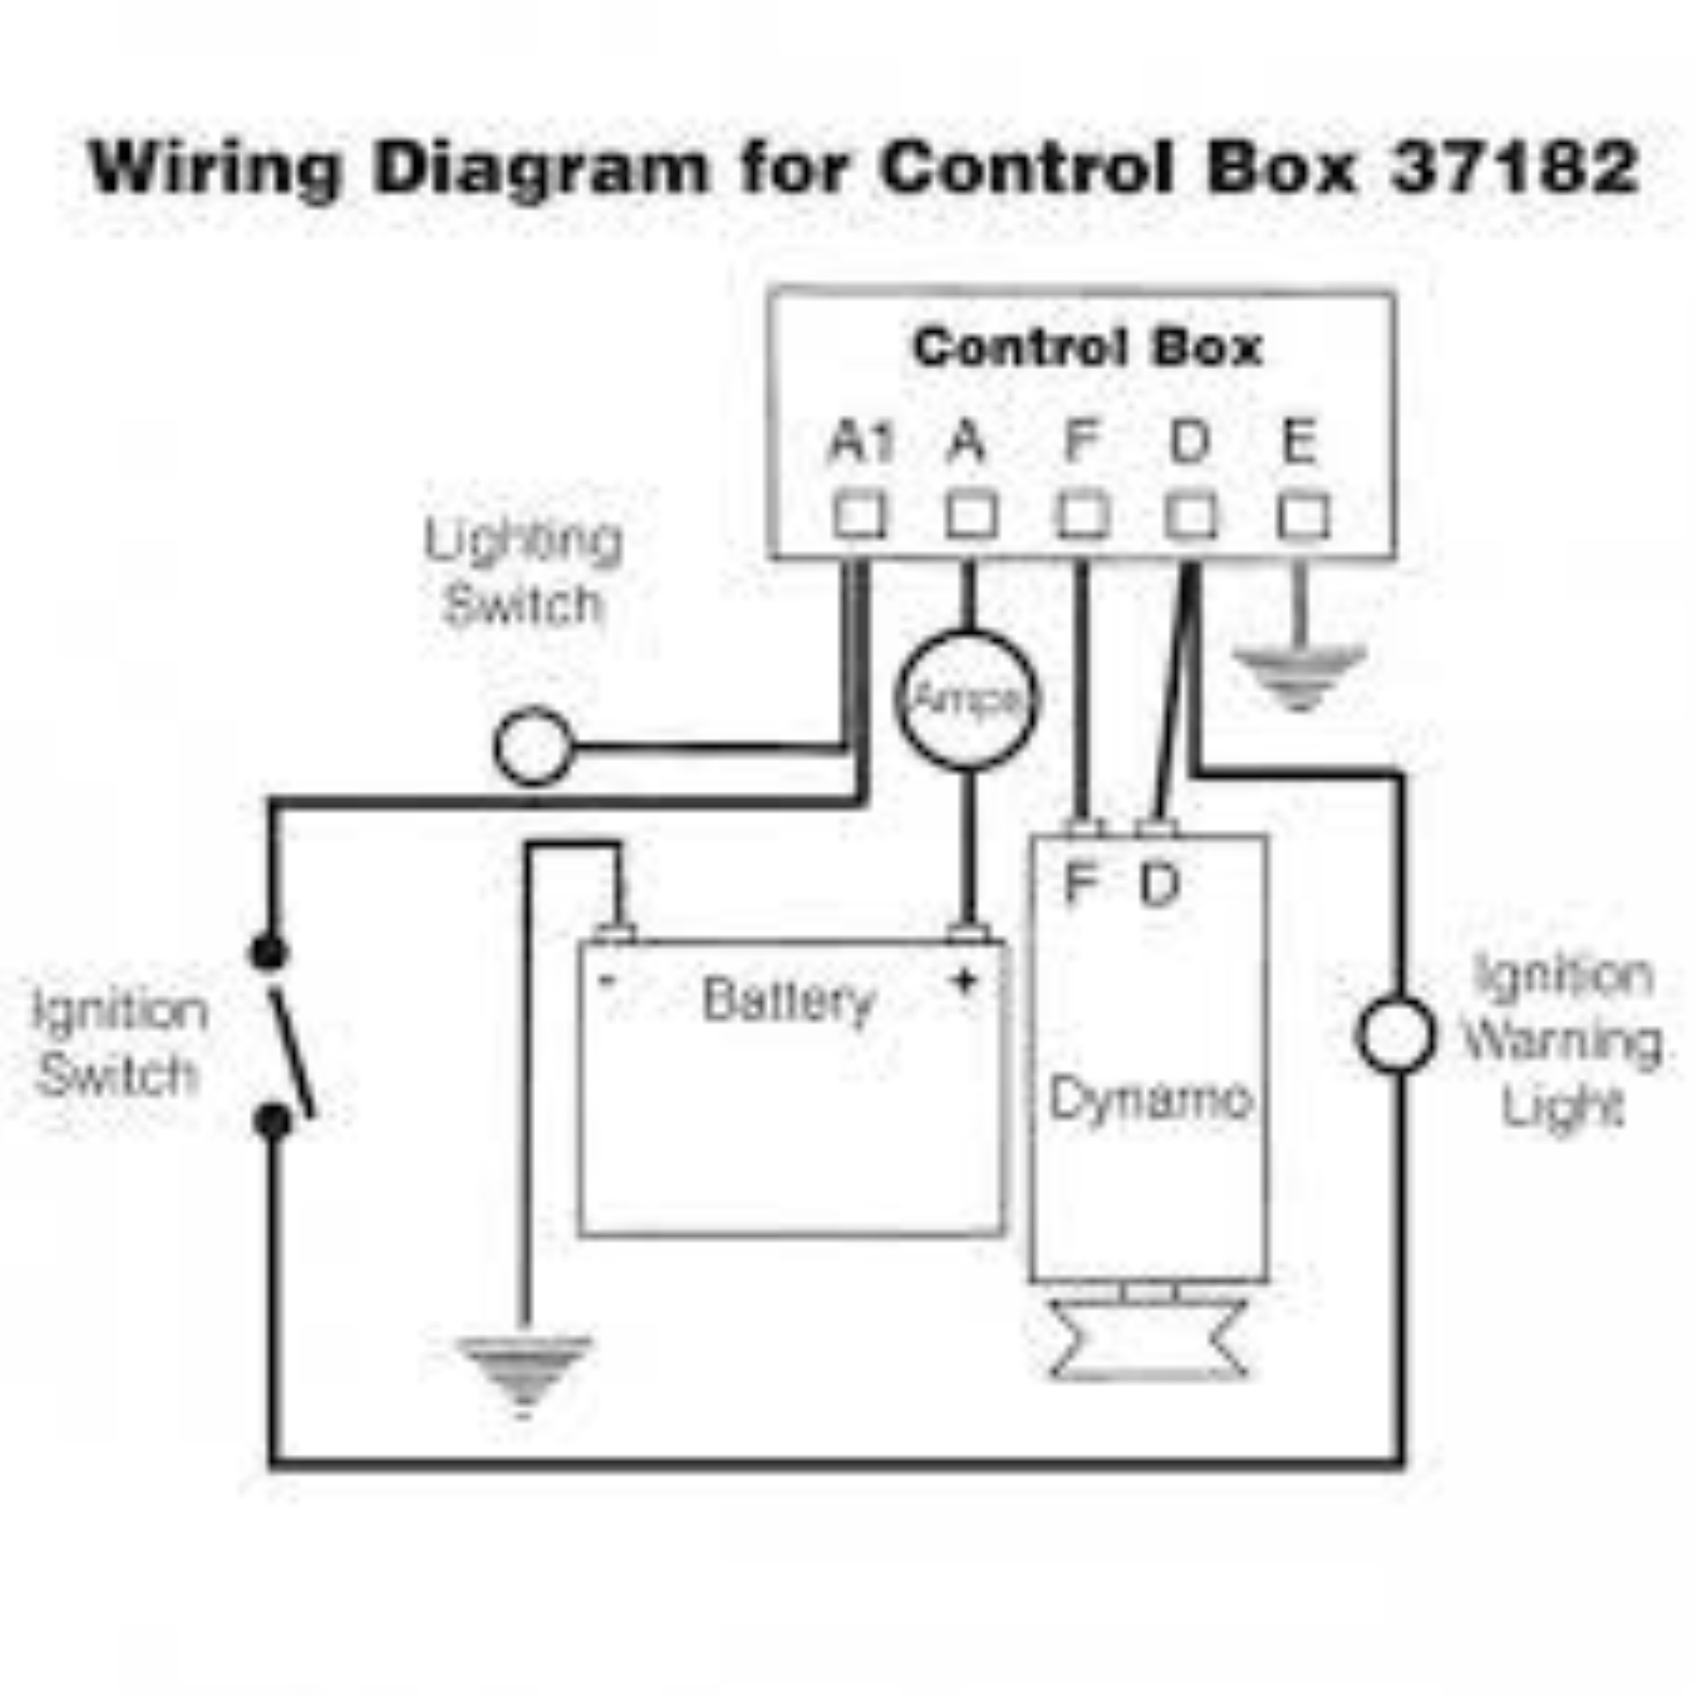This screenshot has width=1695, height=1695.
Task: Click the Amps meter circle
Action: click(966, 699)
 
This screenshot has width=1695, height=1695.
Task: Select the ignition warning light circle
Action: click(1396, 1034)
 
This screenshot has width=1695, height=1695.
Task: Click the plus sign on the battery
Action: click(964, 981)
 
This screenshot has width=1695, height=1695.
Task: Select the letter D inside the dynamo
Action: click(1160, 883)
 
